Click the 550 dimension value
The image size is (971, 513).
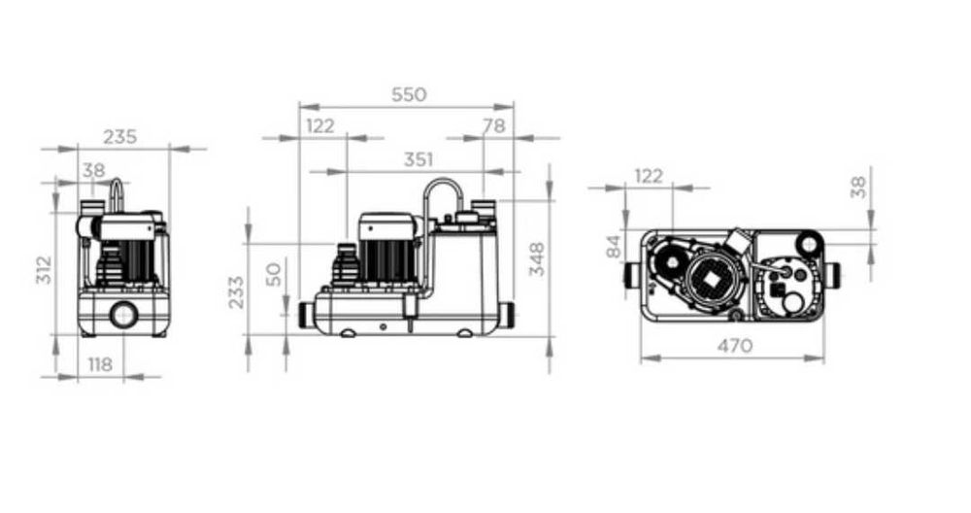coord(409,95)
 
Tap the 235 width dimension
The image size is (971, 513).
coord(119,136)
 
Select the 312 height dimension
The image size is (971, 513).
coord(44,269)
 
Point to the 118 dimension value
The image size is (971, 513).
coord(100,365)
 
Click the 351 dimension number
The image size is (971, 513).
coord(419,160)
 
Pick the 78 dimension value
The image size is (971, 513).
coord(493,125)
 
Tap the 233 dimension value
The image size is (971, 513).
coord(236,291)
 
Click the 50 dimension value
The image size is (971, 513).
coord(273,274)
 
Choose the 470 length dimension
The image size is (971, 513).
coord(735,346)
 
